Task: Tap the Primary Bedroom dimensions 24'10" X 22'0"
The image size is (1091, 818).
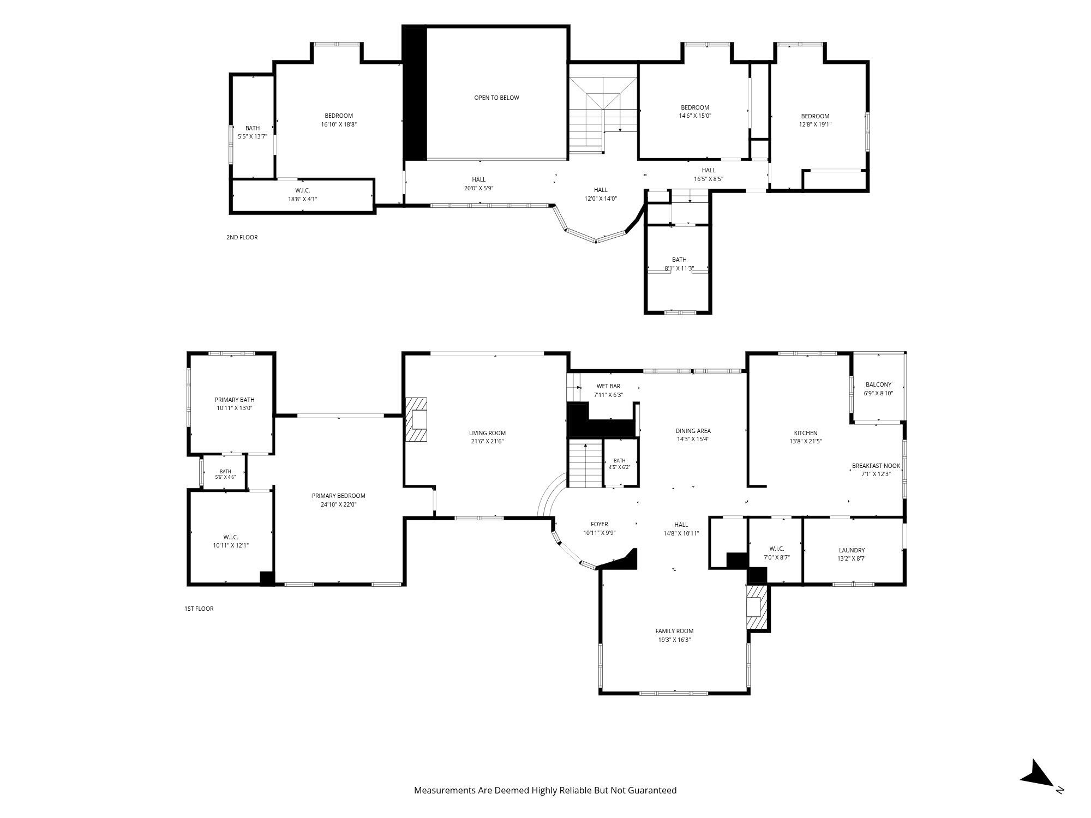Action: coord(338,504)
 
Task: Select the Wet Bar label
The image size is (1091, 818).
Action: coord(608,386)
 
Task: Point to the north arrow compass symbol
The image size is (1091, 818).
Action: coord(1038,774)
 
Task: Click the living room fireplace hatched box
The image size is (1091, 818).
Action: coord(416,419)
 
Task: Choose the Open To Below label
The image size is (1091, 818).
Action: coord(496,98)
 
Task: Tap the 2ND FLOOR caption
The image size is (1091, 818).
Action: coord(242,237)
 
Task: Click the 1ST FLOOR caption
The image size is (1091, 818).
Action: coord(199,609)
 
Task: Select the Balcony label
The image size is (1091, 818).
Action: coord(878,384)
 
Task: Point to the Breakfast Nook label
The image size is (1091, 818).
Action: coord(876,466)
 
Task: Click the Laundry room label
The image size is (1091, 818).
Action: coord(852,550)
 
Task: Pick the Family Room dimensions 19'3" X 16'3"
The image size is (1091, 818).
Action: coord(674,640)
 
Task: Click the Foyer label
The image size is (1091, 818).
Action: coord(600,524)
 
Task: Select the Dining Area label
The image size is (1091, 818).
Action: coord(693,431)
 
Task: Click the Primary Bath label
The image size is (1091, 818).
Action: coord(235,400)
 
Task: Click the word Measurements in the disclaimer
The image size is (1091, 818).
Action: coord(445,790)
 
